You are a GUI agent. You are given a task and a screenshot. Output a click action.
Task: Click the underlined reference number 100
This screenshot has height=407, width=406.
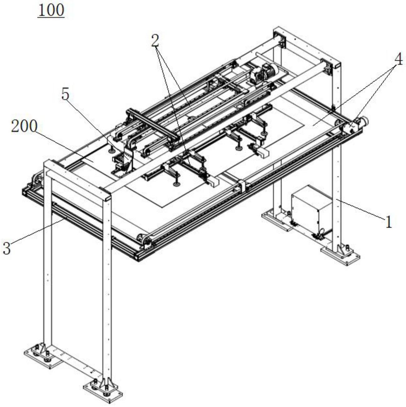tap(51, 10)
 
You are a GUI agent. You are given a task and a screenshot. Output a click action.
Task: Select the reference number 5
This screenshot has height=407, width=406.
tap(65, 95)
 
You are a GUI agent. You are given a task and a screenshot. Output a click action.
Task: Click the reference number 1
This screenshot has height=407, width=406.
tap(388, 222)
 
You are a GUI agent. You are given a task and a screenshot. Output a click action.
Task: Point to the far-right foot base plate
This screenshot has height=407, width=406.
tap(340, 254)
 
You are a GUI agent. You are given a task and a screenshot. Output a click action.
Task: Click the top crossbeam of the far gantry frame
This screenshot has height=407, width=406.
tap(306, 47)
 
